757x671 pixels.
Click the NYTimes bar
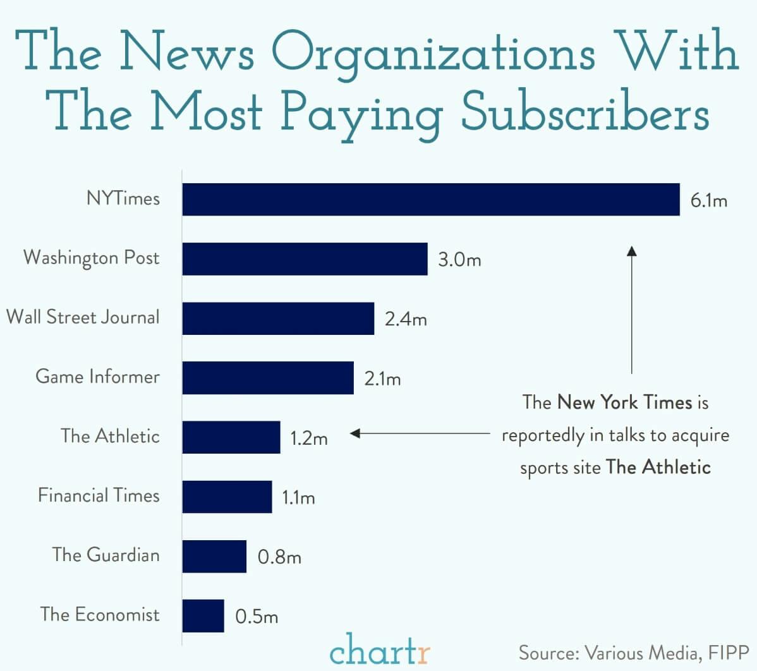coord(431,200)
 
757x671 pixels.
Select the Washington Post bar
coord(305,259)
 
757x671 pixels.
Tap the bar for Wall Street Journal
coord(278,318)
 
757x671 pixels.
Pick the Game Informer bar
coord(268,378)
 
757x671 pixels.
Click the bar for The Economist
coord(203,615)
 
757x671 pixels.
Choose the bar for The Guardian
coord(214,556)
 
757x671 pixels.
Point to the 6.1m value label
coord(708,201)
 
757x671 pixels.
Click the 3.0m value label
coord(459,260)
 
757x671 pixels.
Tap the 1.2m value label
coord(308,438)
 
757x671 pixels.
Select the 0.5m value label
coord(257,616)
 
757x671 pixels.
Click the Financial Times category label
coord(99,495)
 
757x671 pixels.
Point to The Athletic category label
coord(110,436)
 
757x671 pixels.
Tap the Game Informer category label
coord(97,377)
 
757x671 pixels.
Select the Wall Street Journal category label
coord(83,317)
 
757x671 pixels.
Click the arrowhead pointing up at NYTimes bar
coord(631,251)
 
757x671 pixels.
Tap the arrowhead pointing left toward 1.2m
coord(355,433)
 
